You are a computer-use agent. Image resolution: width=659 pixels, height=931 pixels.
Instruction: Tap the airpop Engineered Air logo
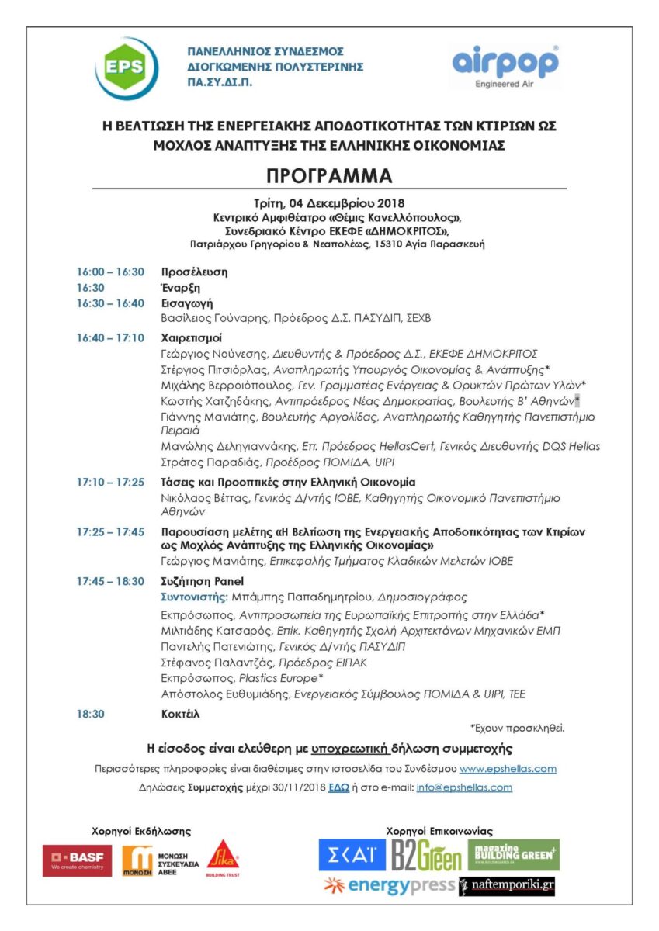click(505, 67)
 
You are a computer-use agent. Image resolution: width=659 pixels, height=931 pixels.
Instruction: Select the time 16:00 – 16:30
click(110, 272)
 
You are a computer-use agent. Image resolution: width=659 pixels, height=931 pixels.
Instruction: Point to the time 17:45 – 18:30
click(110, 581)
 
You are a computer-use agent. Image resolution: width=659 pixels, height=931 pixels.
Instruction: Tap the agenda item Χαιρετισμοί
click(191, 338)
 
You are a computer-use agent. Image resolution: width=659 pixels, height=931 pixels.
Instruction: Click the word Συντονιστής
click(193, 597)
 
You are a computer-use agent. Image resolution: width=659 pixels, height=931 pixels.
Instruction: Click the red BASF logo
click(77, 860)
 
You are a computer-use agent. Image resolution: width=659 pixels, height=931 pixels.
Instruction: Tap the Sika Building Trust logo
click(223, 858)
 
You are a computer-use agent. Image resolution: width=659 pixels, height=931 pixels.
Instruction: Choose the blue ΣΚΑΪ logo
click(352, 855)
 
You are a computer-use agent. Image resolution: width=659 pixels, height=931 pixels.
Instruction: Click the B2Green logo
click(425, 856)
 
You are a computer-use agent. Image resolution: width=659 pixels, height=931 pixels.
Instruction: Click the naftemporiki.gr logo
click(508, 886)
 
